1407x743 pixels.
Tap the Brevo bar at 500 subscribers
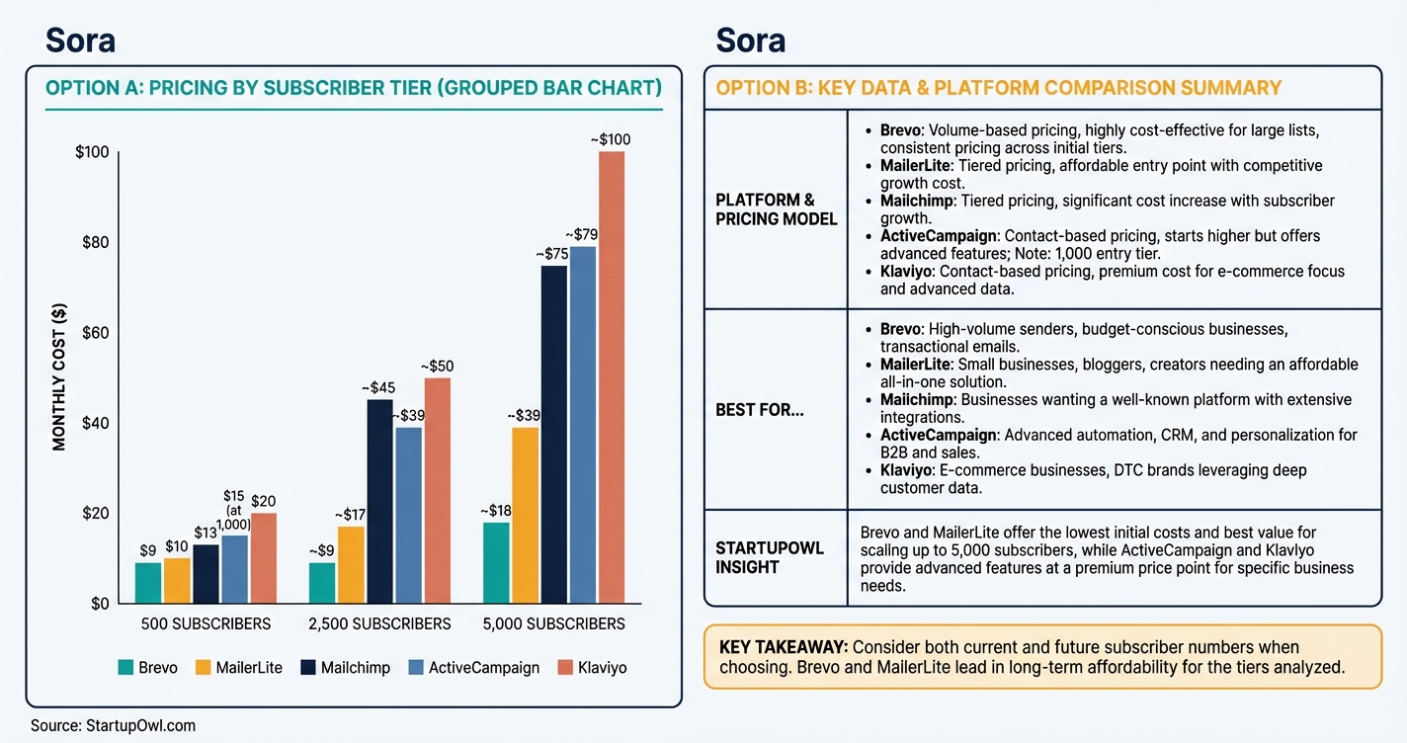point(147,583)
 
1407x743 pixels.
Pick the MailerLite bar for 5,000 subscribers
point(525,515)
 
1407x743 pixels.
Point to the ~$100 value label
point(610,140)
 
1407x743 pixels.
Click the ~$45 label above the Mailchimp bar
point(379,387)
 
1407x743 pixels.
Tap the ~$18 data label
point(496,511)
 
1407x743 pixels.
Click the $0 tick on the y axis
point(99,604)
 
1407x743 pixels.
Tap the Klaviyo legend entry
point(592,668)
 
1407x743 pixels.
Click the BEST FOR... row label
point(760,410)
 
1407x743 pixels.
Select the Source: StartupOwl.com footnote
point(113,726)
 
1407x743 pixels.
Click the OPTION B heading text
point(998,88)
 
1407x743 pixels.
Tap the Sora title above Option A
point(80,40)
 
